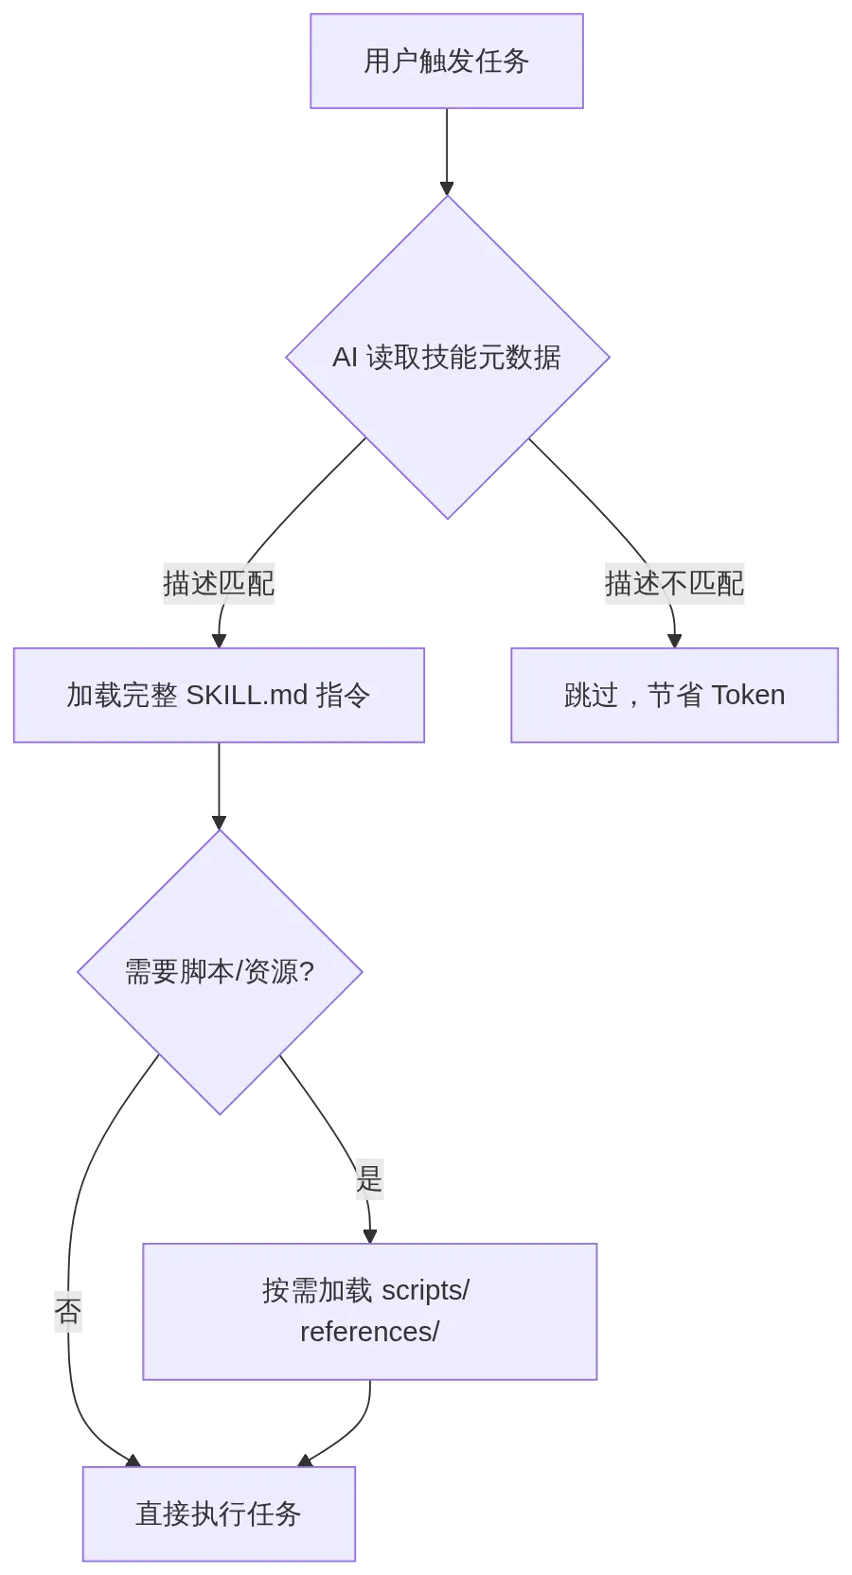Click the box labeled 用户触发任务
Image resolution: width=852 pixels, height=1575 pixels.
446,62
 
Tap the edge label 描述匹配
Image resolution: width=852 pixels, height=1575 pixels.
219,583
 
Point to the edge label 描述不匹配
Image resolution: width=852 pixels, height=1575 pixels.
674,583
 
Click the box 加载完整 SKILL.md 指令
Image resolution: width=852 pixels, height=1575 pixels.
219,696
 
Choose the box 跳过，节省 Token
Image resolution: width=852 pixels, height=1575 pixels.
674,696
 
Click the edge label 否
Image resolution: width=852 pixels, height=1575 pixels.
68,1311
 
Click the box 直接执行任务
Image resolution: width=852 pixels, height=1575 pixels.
219,1513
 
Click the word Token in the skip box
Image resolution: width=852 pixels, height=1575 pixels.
748,696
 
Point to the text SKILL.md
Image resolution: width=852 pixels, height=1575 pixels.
246,696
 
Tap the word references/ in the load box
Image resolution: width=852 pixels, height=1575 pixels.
369,1332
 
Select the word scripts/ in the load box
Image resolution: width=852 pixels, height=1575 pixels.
425,1290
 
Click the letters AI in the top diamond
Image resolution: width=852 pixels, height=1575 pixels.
345,358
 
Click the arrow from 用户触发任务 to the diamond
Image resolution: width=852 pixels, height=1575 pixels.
446,151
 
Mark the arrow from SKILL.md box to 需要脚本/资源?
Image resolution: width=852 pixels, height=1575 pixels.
219,786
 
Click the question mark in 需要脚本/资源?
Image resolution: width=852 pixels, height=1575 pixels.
307,972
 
